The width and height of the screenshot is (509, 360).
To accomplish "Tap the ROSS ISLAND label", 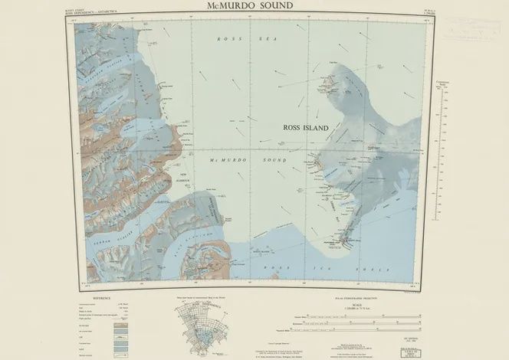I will coord(306,128).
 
